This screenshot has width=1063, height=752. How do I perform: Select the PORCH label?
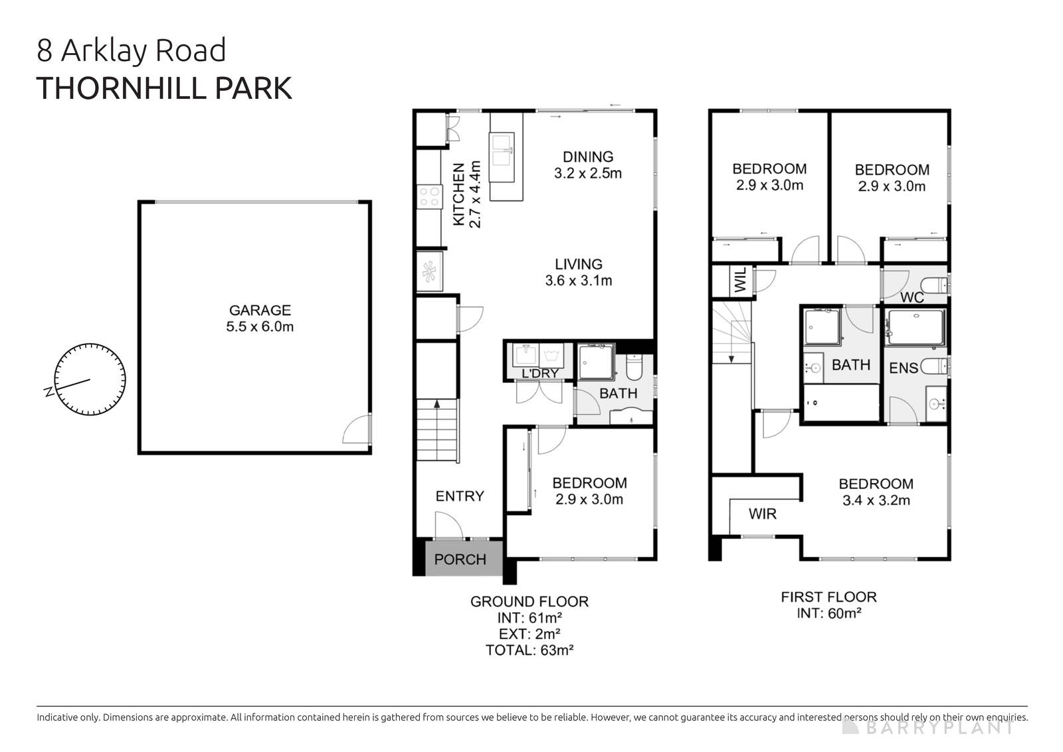460,560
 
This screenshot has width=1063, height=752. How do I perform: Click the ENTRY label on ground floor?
460,496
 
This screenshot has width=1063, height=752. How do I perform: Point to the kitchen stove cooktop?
429,196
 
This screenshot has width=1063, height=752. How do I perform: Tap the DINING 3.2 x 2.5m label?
588,165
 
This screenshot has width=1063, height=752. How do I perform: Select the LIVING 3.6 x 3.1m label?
579,272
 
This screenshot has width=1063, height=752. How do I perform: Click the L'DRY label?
539,374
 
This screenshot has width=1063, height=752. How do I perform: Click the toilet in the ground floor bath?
634,366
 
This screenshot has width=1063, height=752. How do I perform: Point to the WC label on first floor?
912,297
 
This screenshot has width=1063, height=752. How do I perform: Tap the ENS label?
903,368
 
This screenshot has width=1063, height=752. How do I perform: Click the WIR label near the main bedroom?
762,514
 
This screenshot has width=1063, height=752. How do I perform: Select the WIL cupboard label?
741,281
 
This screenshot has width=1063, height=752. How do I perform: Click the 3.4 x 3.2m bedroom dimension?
876,500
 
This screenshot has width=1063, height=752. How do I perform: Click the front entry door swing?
448,526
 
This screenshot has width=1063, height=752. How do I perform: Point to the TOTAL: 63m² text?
529,650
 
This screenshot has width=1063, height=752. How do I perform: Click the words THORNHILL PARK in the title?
164,88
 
